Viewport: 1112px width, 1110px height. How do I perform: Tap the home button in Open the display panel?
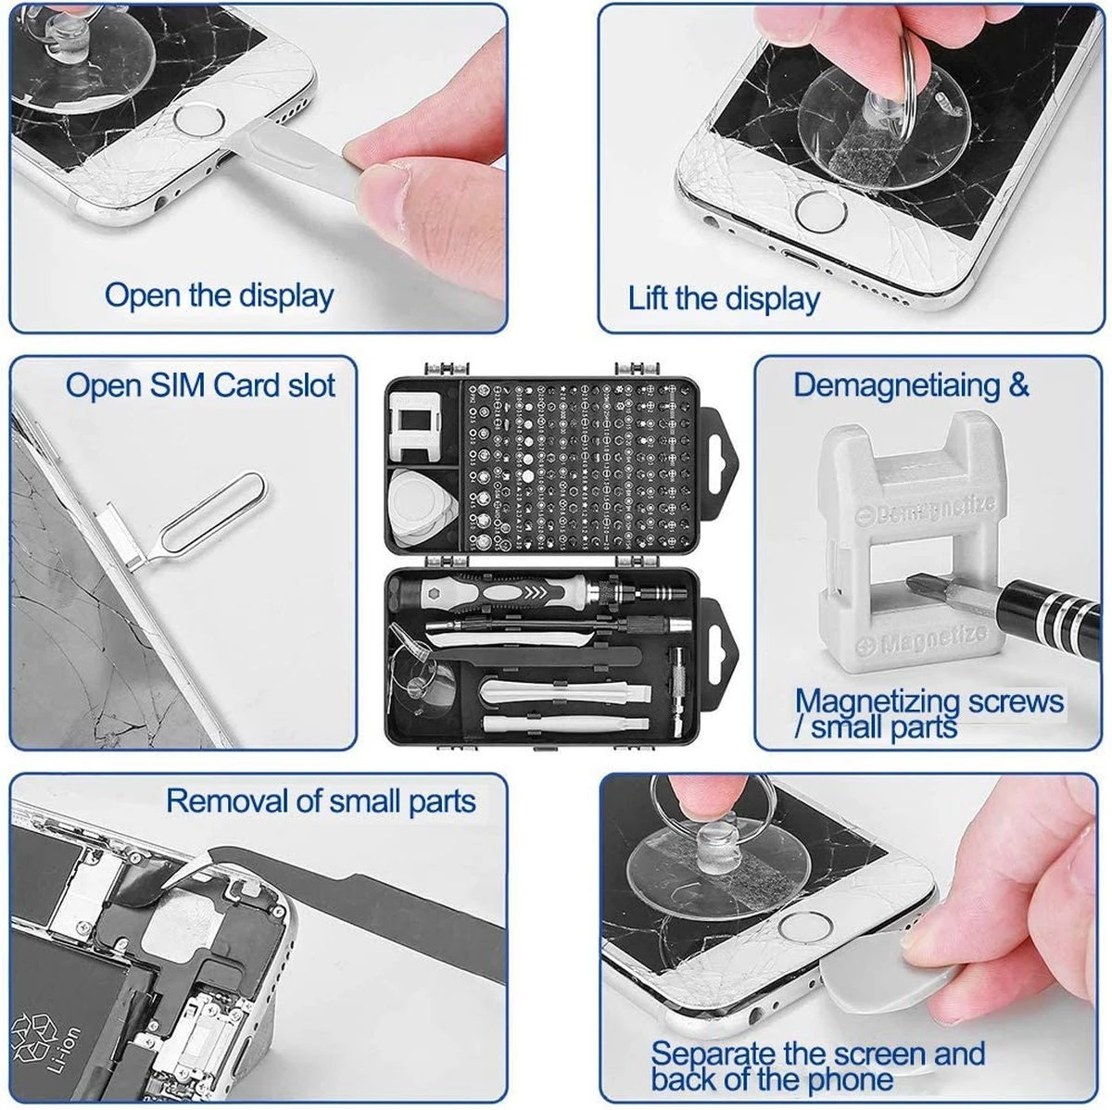pyautogui.click(x=196, y=123)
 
